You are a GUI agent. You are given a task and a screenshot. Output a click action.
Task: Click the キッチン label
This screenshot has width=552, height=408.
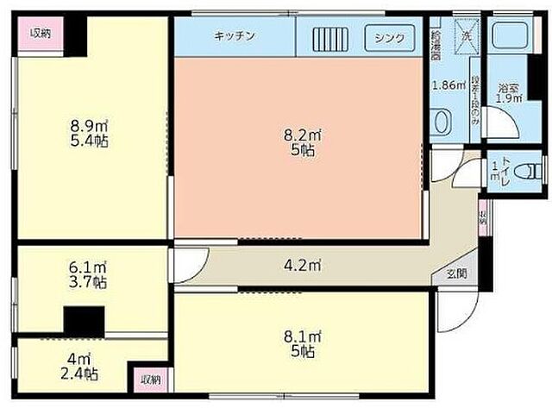pos(234,36)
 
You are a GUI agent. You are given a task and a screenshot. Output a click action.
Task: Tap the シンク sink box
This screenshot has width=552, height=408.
pos(389,38)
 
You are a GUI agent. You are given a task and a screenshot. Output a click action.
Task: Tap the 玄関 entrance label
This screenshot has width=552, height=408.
pos(456,274)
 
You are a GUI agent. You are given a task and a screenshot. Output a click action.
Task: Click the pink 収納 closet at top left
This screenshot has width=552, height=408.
pos(41,34)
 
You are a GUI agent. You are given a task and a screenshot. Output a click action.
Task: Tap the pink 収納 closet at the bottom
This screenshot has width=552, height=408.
pos(151,379)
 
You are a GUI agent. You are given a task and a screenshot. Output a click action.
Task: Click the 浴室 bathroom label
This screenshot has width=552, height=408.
pos(508,87)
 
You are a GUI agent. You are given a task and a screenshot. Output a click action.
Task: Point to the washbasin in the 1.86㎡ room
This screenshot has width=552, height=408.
pos(440,122)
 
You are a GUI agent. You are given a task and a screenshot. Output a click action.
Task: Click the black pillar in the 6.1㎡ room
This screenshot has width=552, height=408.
pos(85,321)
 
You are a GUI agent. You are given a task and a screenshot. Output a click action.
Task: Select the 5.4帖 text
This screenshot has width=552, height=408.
pos(88,140)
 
